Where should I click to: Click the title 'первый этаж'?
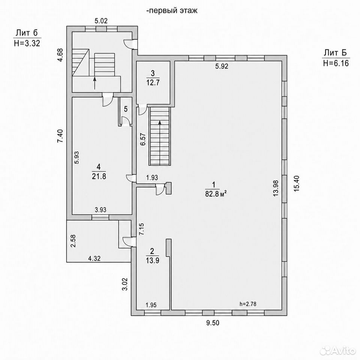pos(173,10)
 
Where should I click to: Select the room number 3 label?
pos(153,73)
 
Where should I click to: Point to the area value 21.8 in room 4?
pos(99,176)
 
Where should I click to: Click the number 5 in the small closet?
pos(126,109)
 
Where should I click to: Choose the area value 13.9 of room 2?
pos(153,260)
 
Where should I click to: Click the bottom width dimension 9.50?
pos(213,323)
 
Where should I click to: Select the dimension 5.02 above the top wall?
pos(101,21)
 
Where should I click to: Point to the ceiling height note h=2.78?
pos(248,304)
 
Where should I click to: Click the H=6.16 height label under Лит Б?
pos(336,63)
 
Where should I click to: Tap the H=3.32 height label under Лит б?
pos(27,43)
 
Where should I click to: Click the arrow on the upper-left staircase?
pos(94,83)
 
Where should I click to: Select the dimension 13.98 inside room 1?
pos(276,188)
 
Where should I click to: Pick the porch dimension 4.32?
pos(94,258)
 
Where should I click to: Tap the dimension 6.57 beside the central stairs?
pos(143,139)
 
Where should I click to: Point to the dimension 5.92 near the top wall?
pos(222,66)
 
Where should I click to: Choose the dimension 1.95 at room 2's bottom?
pos(151,305)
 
